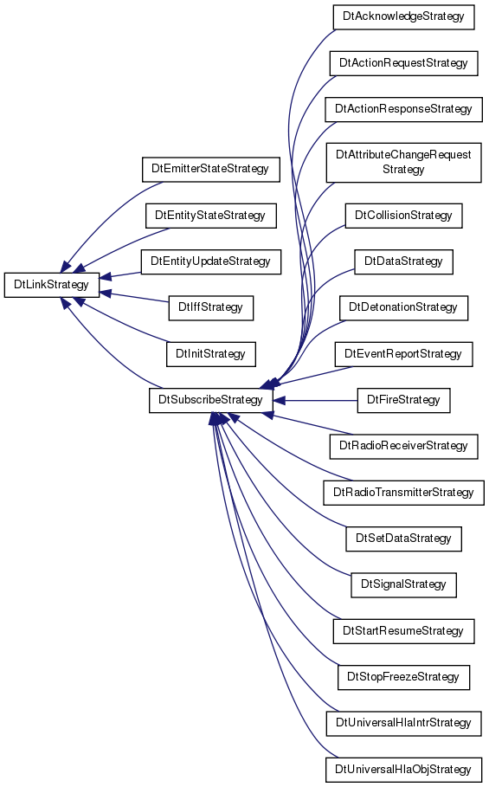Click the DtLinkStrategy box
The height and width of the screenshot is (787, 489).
click(52, 285)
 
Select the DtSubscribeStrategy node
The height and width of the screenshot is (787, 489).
click(210, 400)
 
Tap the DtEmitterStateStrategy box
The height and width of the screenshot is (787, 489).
click(210, 169)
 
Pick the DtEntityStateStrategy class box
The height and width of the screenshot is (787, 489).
click(210, 216)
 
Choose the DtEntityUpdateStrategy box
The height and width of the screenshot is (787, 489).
click(210, 261)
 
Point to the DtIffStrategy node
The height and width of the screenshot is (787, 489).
click(210, 307)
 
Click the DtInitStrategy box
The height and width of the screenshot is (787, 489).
click(210, 354)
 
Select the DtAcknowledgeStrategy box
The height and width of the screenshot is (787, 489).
click(403, 16)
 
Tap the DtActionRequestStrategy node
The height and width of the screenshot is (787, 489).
click(403, 63)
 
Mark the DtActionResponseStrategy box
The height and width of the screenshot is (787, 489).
click(403, 109)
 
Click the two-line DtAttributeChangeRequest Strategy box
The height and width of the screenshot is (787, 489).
click(403, 163)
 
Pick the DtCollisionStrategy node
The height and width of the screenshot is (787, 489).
click(403, 216)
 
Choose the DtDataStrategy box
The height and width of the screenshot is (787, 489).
click(403, 261)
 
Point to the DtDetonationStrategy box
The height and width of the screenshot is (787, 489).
click(403, 307)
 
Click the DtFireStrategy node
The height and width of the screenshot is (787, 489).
click(403, 400)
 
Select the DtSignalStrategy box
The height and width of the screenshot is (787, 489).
click(403, 584)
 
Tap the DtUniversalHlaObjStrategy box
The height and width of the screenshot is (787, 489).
click(403, 770)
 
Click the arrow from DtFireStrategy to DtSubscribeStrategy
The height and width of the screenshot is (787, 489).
click(315, 401)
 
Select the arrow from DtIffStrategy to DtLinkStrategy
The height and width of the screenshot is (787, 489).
click(134, 297)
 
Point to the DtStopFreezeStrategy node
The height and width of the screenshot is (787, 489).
click(403, 677)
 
